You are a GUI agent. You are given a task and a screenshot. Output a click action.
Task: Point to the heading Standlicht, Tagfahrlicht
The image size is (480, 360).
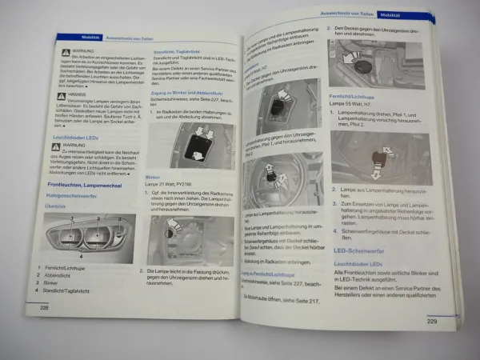tap(174, 50)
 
